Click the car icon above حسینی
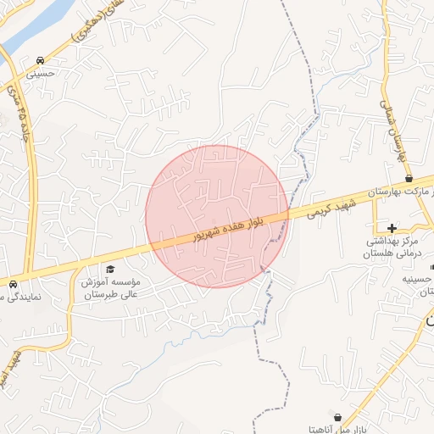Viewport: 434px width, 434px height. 41,61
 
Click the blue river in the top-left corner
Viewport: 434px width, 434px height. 34,25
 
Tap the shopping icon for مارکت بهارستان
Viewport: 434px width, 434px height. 409,179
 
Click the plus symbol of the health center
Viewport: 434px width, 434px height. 392,228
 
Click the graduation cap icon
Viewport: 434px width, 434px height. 110,270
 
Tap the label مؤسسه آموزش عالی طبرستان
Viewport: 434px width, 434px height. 115,287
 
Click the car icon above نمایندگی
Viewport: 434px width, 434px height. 14,283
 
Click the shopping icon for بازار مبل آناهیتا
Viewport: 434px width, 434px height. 339,417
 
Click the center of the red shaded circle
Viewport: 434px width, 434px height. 217,216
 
